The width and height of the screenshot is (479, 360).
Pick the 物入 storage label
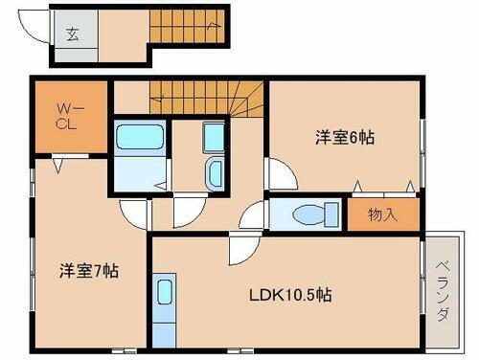(x=383, y=215)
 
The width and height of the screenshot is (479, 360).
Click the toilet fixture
(x=309, y=214)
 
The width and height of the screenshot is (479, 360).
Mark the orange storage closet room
(x=384, y=215)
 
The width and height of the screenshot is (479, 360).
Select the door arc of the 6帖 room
(x=281, y=175)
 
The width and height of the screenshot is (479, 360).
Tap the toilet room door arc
(x=252, y=216)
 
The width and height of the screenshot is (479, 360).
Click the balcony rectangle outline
(x=443, y=290)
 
